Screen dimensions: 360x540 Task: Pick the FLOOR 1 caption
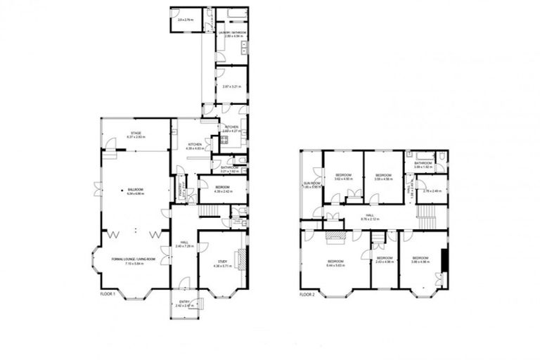[x=107, y=293]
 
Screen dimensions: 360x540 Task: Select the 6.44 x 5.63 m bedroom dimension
[x=336, y=265]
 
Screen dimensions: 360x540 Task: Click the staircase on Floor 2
[x=427, y=212]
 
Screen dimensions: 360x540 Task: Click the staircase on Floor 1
[x=208, y=211]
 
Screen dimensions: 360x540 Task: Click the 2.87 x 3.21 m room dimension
[x=231, y=86]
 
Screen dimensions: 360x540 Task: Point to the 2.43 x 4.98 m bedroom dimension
[x=383, y=262]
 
